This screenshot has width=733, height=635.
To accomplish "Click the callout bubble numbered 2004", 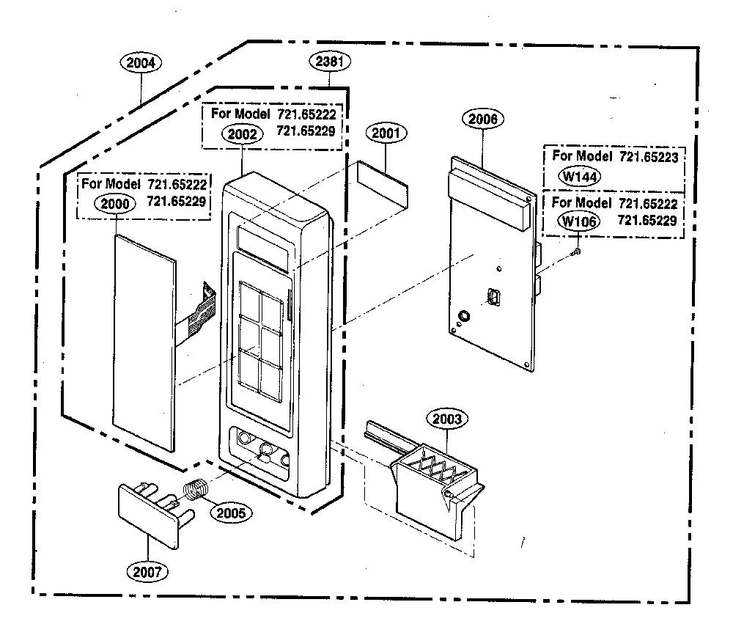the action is (x=141, y=62).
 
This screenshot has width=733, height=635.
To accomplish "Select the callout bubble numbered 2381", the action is (x=330, y=62).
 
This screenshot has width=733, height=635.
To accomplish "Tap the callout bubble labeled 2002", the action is (x=242, y=134).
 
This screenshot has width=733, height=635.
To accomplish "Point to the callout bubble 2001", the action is (x=386, y=133).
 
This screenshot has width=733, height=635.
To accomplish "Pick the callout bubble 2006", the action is (x=482, y=120).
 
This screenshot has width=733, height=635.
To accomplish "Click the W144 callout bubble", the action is (x=580, y=177).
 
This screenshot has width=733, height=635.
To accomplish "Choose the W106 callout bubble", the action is (x=579, y=221).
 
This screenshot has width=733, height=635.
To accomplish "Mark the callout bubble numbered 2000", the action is (x=115, y=204).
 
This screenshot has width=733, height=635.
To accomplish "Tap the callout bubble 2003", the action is (x=447, y=419).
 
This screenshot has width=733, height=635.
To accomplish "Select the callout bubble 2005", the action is (x=231, y=513).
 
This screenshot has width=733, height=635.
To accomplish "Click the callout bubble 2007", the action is (x=147, y=571).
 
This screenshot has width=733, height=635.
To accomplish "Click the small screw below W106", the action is (x=576, y=252).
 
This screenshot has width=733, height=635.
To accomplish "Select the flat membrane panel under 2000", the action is (x=144, y=343).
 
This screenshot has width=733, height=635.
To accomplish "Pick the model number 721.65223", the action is (x=649, y=157).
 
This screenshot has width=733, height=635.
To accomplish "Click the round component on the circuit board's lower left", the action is (x=464, y=316).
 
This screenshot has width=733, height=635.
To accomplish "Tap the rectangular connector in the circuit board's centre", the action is (x=493, y=296).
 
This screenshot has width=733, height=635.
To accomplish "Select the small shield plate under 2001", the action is (x=383, y=185).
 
